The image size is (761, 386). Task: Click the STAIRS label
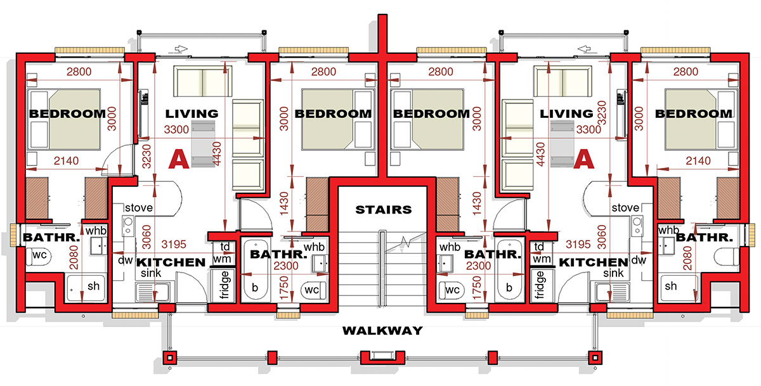[384, 210]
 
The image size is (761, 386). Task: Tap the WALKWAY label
[382, 330]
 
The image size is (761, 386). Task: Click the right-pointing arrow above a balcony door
[182, 49]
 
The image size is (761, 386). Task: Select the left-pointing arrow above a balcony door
[584, 49]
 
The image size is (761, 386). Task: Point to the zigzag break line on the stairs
[405, 242]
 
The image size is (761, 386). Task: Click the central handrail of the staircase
[382, 269]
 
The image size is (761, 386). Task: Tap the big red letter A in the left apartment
[179, 159]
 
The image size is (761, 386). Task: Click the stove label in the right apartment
[625, 208]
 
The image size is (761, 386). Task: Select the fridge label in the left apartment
[224, 285]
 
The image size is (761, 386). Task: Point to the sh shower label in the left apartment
[93, 286]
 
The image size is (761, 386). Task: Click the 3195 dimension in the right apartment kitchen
[578, 244]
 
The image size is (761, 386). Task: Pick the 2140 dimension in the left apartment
[66, 160]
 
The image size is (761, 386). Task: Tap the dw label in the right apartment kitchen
[639, 260]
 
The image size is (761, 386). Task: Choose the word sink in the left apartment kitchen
[151, 273]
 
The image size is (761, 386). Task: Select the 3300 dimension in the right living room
[589, 129]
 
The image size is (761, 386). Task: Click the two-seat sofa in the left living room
[203, 81]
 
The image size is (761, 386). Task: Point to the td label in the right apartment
[539, 247]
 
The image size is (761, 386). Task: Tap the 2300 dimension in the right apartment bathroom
[478, 266]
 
